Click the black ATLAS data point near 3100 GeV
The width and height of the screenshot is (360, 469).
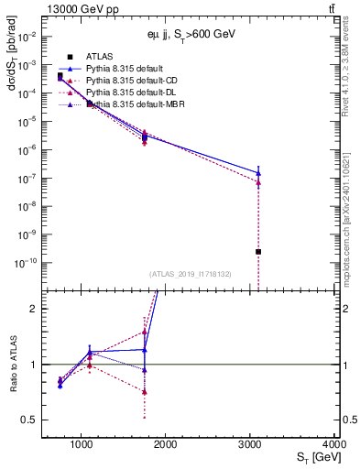click(258, 251)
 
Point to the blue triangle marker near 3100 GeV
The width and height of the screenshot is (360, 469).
click(258, 172)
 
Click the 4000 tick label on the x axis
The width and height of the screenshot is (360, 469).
click(334, 445)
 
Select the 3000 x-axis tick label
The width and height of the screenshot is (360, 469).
click(250, 445)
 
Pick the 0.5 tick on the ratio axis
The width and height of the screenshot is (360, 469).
click(30, 420)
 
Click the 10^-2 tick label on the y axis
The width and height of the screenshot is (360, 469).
click(28, 36)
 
